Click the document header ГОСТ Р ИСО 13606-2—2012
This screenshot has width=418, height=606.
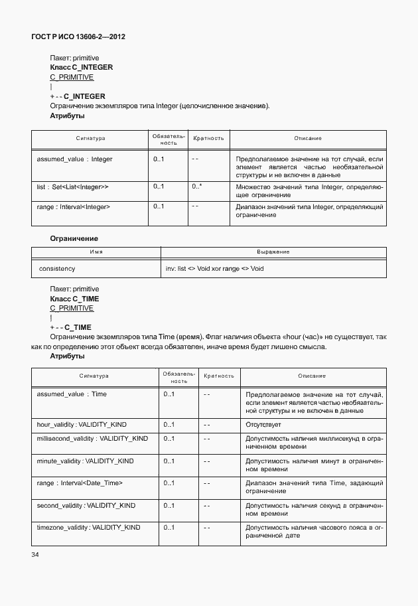pyautogui.click(x=78, y=37)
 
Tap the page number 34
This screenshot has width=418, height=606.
pyautogui.click(x=36, y=555)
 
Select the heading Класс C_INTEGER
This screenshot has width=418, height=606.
pyautogui.click(x=82, y=68)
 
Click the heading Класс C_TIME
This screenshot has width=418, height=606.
pyautogui.click(x=74, y=299)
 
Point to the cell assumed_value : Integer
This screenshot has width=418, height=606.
pyautogui.click(x=74, y=159)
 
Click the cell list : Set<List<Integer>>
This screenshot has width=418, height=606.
pyautogui.click(x=73, y=187)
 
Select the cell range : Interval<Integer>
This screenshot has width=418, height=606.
pyautogui.click(x=73, y=207)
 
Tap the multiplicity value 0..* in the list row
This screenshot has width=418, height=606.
pyautogui.click(x=196, y=187)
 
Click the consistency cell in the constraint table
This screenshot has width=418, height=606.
pyautogui.click(x=57, y=269)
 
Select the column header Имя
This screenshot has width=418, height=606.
pyautogui.click(x=96, y=252)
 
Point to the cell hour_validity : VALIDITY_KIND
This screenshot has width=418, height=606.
pyautogui.click(x=82, y=424)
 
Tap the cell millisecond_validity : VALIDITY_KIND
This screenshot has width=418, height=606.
pyautogui.click(x=92, y=439)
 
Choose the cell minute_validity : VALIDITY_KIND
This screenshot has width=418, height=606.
pyautogui.click(x=85, y=461)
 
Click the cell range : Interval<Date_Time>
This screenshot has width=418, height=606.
pyautogui.click(x=80, y=483)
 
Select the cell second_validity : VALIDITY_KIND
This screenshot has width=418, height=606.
pyautogui.click(x=86, y=505)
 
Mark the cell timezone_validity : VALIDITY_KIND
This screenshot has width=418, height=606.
pyautogui.click(x=88, y=527)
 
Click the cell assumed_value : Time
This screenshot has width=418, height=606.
pyautogui.click(x=72, y=394)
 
